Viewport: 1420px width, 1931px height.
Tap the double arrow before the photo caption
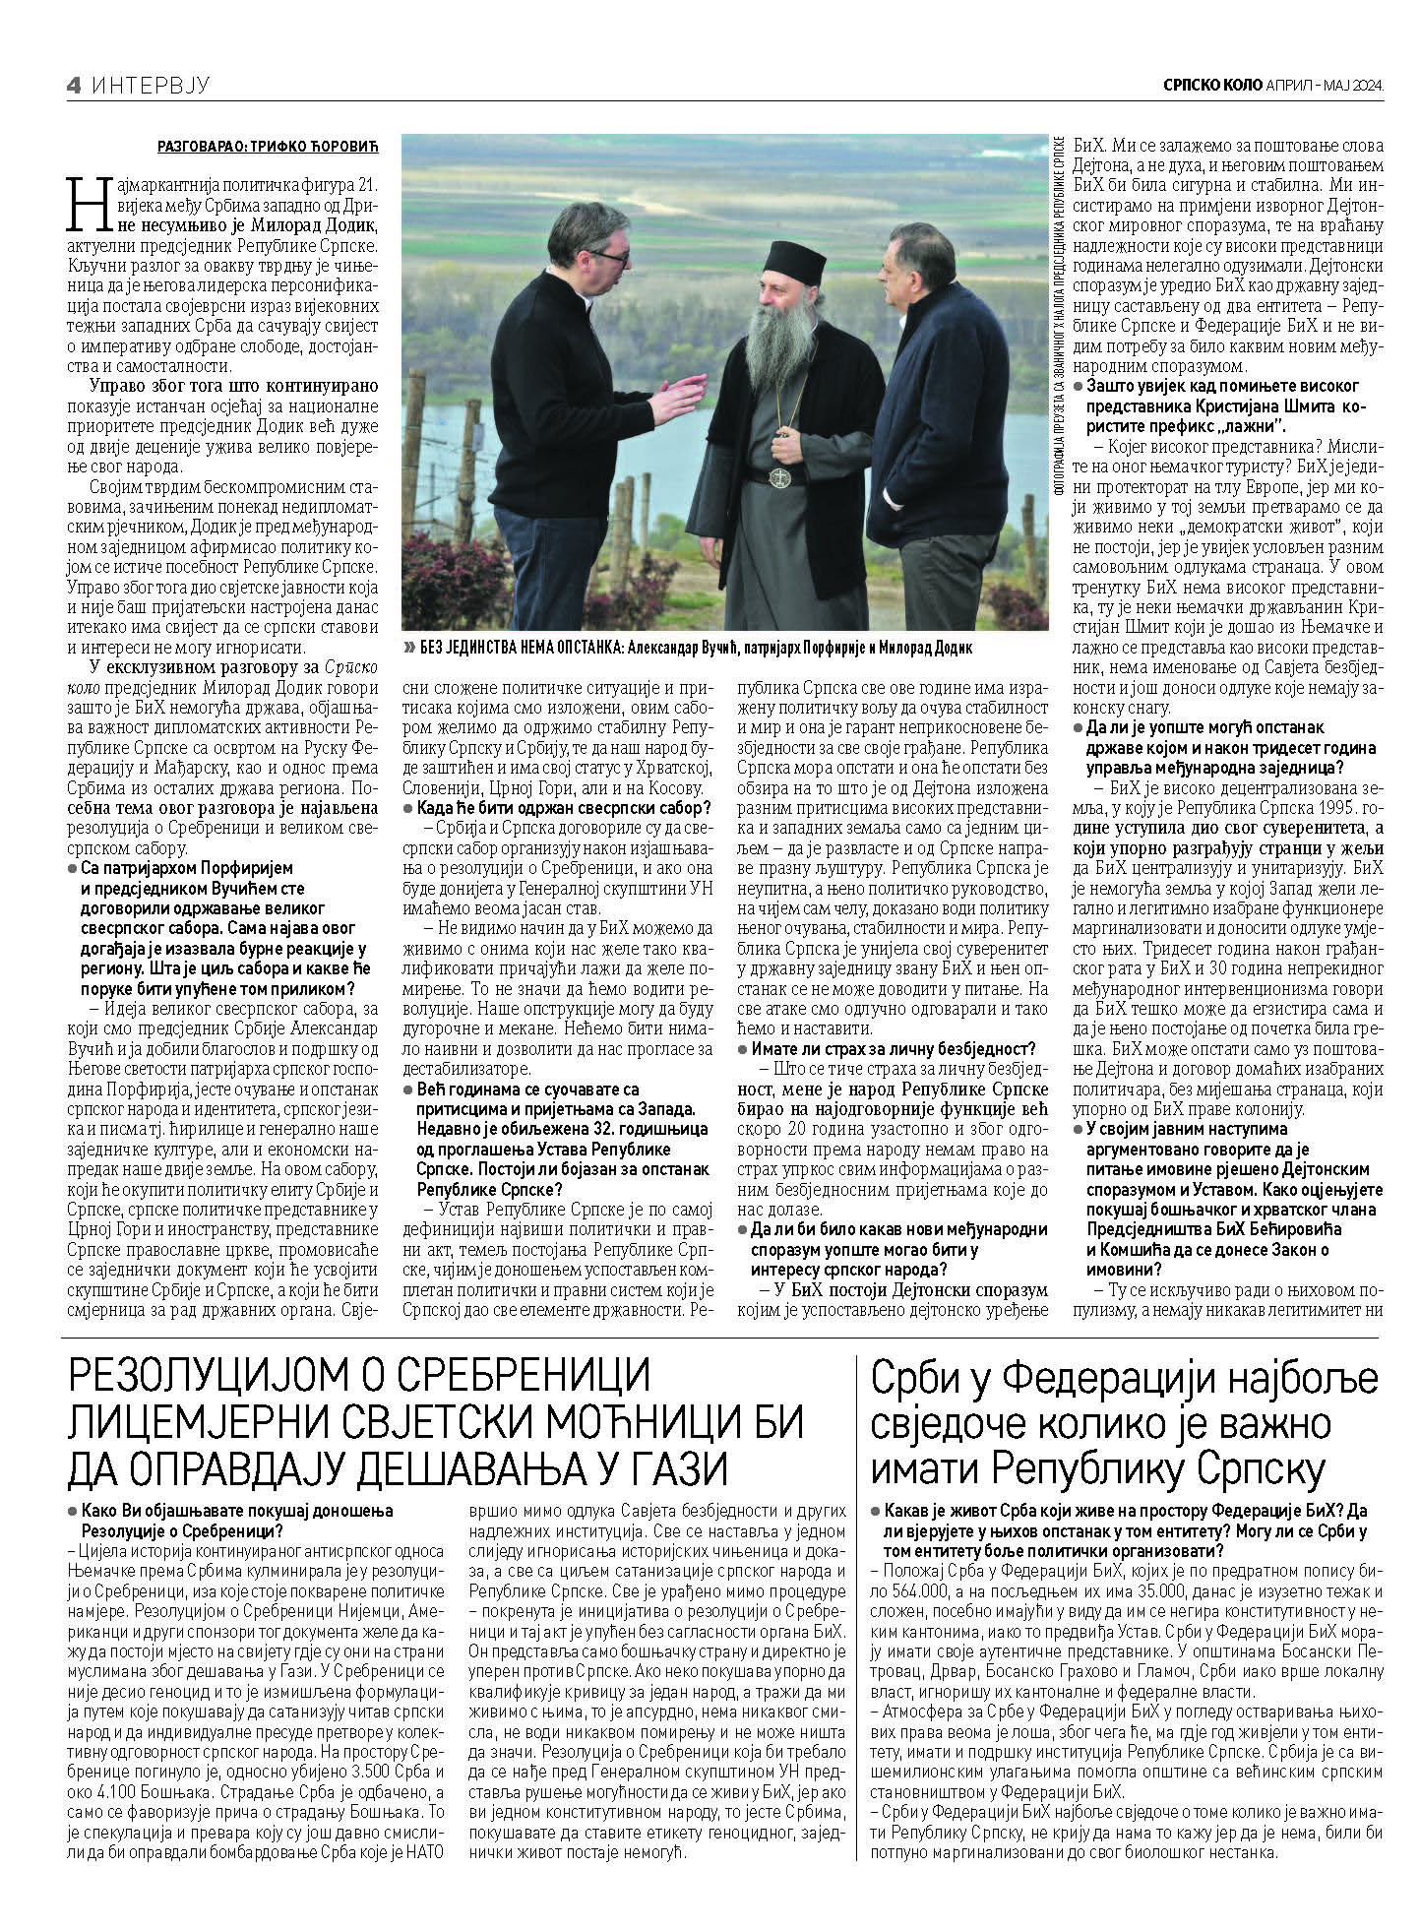pos(408,648)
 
